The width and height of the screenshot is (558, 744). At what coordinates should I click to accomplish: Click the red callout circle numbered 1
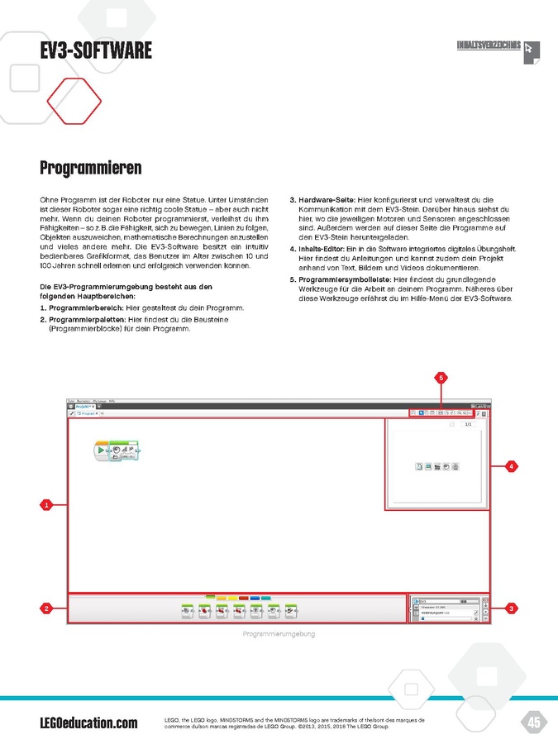47,503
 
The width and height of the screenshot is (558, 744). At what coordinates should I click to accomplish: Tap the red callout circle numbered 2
47,608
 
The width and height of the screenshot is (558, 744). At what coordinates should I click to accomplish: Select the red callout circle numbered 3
512,608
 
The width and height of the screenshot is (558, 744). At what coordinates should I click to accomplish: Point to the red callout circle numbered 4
512,467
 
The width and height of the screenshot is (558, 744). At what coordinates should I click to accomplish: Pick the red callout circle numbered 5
441,378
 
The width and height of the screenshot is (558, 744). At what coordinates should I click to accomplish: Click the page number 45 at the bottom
534,723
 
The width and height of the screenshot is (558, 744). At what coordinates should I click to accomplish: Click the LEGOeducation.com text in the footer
88,723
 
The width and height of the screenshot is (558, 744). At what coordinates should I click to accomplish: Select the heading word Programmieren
91,169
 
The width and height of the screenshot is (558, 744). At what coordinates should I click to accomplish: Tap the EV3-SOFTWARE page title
96,51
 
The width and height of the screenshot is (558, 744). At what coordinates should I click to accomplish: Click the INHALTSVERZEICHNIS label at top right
489,45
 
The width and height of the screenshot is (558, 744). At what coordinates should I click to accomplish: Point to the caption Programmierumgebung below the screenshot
279,634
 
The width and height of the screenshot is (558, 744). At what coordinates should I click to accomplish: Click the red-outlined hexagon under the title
74,101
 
